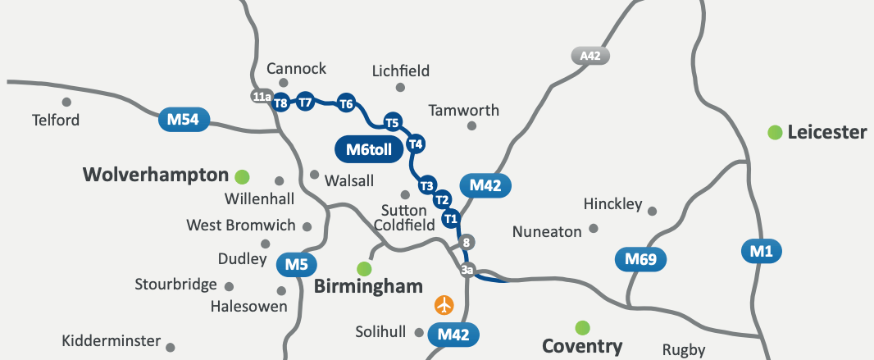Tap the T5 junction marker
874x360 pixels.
393,123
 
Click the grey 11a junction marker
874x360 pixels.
261,97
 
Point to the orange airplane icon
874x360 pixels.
444,305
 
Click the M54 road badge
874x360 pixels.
184,121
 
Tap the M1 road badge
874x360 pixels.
762,251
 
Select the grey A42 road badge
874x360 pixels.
590,56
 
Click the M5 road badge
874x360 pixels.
297,265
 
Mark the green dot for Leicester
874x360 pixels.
774,132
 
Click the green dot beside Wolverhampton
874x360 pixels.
242,175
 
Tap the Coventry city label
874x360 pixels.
583,346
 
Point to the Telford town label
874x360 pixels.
56,121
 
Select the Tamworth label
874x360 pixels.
463,110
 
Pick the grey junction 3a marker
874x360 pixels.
468,270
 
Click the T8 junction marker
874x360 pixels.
281,103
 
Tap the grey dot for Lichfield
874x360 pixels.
400,88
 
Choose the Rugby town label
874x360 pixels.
684,350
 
